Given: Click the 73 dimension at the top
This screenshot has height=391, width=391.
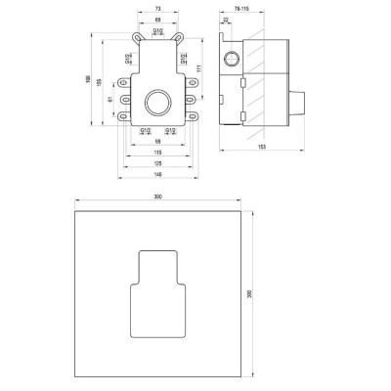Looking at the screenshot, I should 157,6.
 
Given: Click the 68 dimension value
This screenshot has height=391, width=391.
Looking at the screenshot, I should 157,20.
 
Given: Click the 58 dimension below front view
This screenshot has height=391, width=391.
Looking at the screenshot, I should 157,141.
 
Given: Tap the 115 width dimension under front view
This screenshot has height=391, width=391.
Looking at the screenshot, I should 157,152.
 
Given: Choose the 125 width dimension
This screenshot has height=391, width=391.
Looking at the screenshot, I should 157,162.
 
